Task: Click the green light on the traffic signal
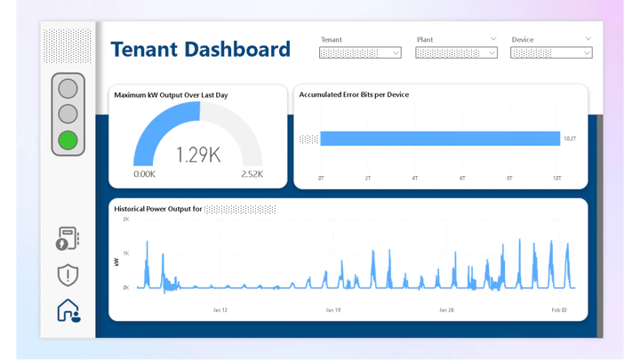[x=68, y=140]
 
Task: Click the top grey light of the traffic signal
[x=68, y=88]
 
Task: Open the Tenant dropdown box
[x=360, y=52]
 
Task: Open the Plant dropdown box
[x=456, y=52]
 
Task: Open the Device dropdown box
[x=551, y=52]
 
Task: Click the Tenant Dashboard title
[x=201, y=50]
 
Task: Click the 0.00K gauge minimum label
[x=144, y=174]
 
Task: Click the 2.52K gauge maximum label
[x=252, y=174]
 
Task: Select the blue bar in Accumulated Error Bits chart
[x=440, y=138]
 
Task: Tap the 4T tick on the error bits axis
[x=415, y=179]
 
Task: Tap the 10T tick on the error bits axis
[x=556, y=179]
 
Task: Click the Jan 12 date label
[x=220, y=310]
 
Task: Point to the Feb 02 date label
[x=558, y=310]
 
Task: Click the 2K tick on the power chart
[x=126, y=219]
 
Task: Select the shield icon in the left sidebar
[x=68, y=276]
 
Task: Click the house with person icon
[x=68, y=310]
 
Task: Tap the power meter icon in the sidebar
[x=68, y=239]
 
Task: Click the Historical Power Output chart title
[x=158, y=210]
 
